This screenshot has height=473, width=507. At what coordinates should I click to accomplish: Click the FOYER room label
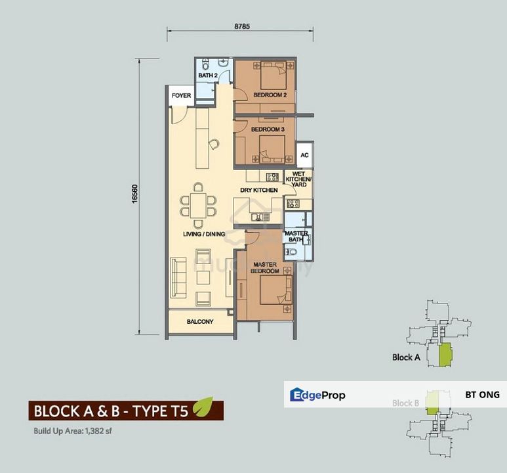click(x=182, y=96)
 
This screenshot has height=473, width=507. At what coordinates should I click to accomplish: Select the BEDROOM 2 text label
click(x=270, y=95)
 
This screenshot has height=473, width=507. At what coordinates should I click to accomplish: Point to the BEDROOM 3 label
click(x=268, y=129)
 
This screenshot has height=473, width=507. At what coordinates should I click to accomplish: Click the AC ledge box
click(x=304, y=156)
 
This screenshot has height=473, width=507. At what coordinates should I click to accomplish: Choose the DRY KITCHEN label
click(x=259, y=191)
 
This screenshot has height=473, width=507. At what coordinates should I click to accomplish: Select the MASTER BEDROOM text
click(x=266, y=268)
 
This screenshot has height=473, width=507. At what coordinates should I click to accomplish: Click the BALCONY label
click(x=199, y=322)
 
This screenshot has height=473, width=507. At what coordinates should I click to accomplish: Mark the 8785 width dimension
click(x=243, y=27)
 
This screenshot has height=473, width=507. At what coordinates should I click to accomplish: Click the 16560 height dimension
click(x=135, y=197)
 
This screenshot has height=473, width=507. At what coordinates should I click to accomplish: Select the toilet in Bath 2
click(x=206, y=65)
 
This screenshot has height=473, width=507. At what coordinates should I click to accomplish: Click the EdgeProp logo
click(x=317, y=395)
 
